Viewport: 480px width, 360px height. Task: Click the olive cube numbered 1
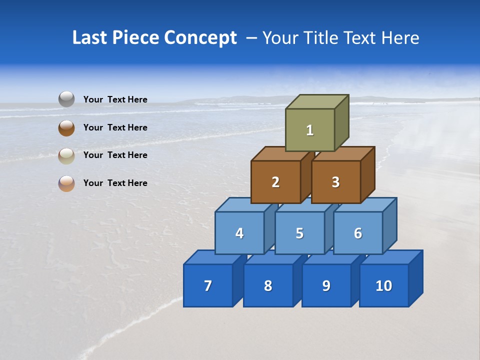(310, 130)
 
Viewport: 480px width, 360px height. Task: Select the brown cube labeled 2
(275, 182)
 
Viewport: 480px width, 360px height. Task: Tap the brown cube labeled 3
(335, 182)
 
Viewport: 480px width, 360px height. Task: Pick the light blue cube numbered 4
(239, 233)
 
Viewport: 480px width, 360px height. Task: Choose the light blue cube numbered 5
(299, 233)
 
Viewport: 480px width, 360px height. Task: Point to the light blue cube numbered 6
(358, 233)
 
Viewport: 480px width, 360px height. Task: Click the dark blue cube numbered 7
(208, 285)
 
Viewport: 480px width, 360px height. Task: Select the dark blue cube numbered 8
(268, 285)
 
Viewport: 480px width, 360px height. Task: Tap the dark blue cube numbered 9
(326, 285)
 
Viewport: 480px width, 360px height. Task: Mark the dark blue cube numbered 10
(384, 285)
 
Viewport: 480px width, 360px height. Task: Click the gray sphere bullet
(66, 99)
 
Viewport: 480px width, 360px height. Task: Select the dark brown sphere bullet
(66, 127)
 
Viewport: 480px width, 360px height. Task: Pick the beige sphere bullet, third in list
(66, 155)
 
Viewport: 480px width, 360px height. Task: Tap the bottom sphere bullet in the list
(66, 183)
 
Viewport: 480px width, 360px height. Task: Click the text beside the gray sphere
(115, 99)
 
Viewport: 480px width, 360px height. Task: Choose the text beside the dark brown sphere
(115, 127)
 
